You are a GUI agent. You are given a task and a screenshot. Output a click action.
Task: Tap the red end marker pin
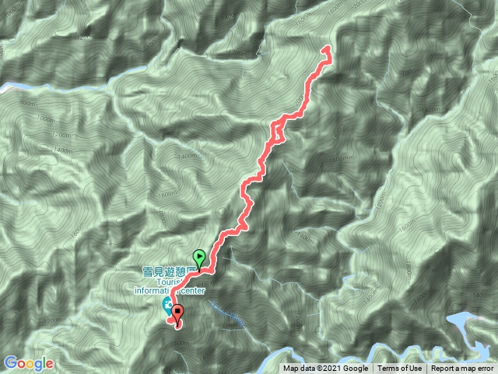coord(178,315)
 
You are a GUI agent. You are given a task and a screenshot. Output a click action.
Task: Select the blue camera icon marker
coord(167,304)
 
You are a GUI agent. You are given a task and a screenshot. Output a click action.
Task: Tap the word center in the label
coord(193,293)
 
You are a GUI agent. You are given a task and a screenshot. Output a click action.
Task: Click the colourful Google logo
coord(29,363)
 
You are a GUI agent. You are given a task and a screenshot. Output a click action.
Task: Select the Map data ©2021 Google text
coord(325,369)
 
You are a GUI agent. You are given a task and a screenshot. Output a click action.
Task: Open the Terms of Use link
coord(400,369)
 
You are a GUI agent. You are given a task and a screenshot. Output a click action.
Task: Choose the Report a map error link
coord(462,369)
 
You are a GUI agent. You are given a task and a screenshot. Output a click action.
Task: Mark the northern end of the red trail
coord(326,49)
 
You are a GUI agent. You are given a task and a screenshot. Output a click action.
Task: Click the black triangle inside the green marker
coord(199,255)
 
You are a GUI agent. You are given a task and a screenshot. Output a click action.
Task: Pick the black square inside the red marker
coord(178,311)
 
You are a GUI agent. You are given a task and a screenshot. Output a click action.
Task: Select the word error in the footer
coord(484,369)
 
